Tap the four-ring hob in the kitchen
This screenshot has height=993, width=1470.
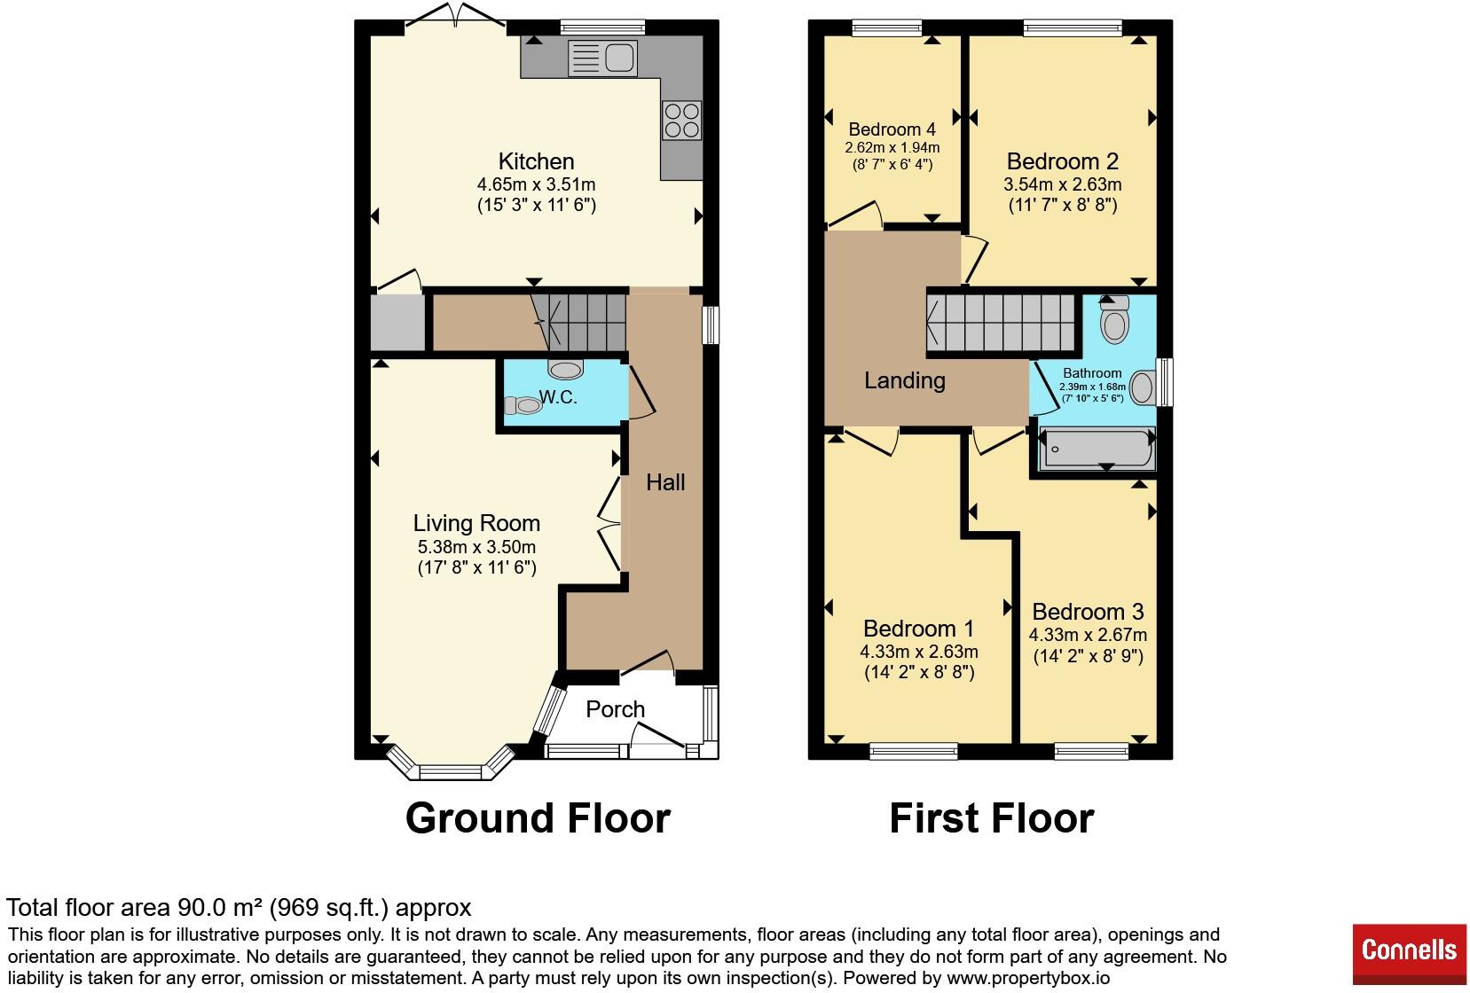click(682, 121)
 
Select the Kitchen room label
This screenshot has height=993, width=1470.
click(536, 161)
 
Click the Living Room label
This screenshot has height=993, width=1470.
click(476, 523)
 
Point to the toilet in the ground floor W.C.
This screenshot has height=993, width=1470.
click(523, 405)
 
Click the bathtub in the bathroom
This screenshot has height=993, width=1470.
click(1098, 448)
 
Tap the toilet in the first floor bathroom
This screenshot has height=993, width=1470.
click(1115, 319)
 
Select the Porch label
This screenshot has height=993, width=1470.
click(615, 709)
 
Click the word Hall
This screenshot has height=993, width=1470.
click(665, 482)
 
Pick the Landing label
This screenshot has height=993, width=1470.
click(904, 380)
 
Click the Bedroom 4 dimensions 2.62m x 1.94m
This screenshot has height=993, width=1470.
click(892, 147)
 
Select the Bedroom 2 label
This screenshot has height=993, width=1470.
click(1063, 161)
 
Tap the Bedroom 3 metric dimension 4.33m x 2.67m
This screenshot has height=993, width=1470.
click(1088, 635)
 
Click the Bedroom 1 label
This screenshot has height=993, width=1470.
click(919, 629)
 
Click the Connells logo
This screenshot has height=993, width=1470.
click(1410, 954)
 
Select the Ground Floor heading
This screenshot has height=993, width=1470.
click(538, 818)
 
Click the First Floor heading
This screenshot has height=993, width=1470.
click(992, 818)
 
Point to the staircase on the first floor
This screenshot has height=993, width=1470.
click(1000, 323)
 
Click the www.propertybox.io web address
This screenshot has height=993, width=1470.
click(1028, 978)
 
